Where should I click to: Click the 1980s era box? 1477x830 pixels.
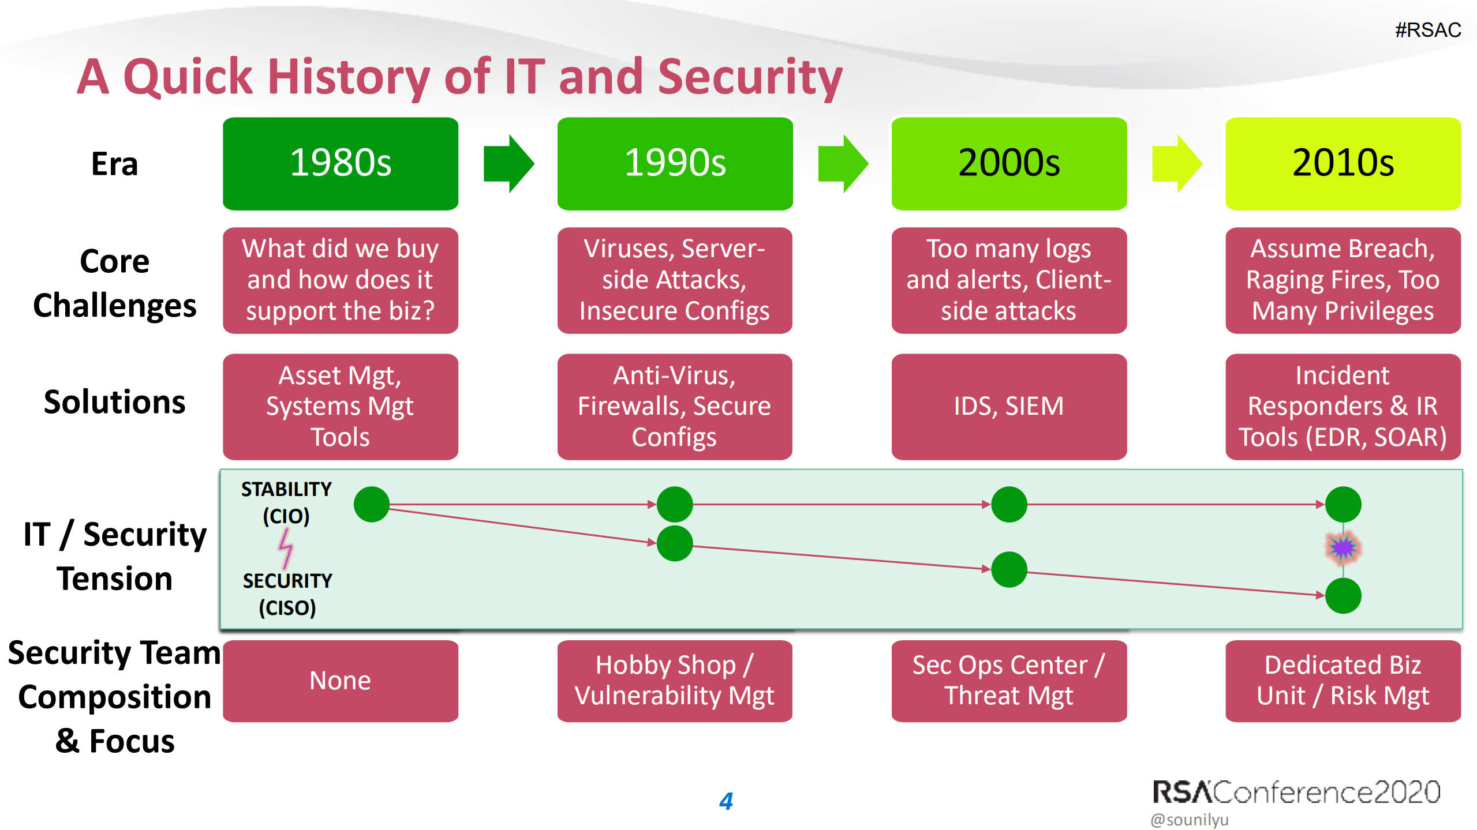(x=341, y=163)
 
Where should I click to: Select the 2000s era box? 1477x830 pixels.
(x=1009, y=163)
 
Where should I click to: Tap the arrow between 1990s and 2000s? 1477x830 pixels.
(x=843, y=164)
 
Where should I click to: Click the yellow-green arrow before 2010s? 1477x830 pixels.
(x=1177, y=164)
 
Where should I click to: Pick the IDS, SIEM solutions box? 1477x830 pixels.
(x=1009, y=406)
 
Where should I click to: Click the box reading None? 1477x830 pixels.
(x=341, y=681)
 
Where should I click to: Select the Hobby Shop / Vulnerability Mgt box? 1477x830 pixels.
(x=674, y=681)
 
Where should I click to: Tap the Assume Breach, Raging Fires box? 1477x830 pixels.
(x=1343, y=280)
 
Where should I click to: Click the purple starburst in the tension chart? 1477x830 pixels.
(x=1343, y=548)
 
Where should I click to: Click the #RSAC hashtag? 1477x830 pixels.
(x=1428, y=30)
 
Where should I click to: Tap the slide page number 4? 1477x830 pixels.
(x=726, y=801)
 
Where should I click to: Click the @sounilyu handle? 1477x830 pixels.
(x=1190, y=819)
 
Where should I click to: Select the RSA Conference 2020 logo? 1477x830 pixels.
(x=1296, y=792)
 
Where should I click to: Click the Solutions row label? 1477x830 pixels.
(x=115, y=402)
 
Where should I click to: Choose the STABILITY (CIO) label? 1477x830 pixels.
(x=286, y=502)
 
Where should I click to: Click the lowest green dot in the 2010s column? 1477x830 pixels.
(x=1343, y=595)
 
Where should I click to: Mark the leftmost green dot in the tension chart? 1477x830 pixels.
(x=372, y=504)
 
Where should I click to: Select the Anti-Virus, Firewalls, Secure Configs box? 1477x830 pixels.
(x=674, y=406)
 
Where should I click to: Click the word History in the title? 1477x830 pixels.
(x=349, y=77)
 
